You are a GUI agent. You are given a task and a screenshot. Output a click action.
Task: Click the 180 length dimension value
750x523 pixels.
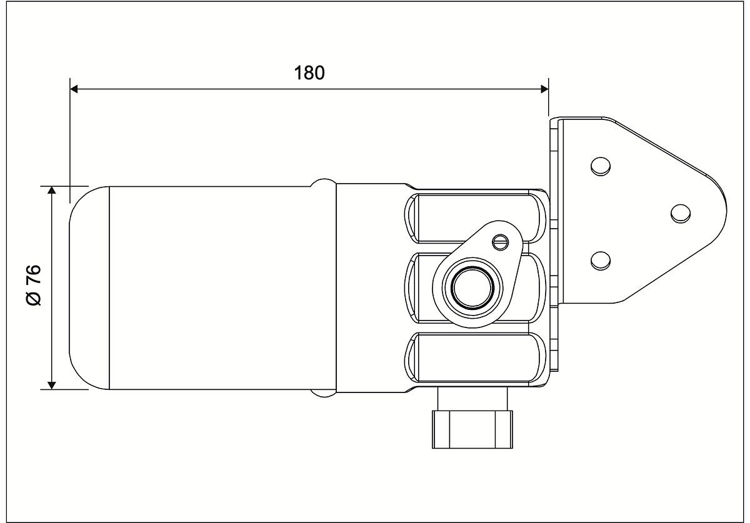click(310, 72)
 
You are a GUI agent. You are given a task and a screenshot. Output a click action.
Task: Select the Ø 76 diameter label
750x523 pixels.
click(34, 285)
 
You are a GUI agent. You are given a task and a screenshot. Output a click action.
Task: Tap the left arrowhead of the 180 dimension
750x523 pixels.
click(74, 90)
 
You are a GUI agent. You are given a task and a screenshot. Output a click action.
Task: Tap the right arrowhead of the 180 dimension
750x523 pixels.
click(544, 90)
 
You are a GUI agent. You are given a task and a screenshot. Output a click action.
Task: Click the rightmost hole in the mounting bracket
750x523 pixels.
click(681, 213)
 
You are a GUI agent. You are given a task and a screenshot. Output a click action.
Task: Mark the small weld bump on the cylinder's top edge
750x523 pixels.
click(324, 182)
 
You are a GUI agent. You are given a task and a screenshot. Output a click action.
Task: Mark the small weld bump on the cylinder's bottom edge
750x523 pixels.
click(324, 392)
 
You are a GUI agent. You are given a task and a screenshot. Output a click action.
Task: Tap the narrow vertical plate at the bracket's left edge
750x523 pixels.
click(554, 212)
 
